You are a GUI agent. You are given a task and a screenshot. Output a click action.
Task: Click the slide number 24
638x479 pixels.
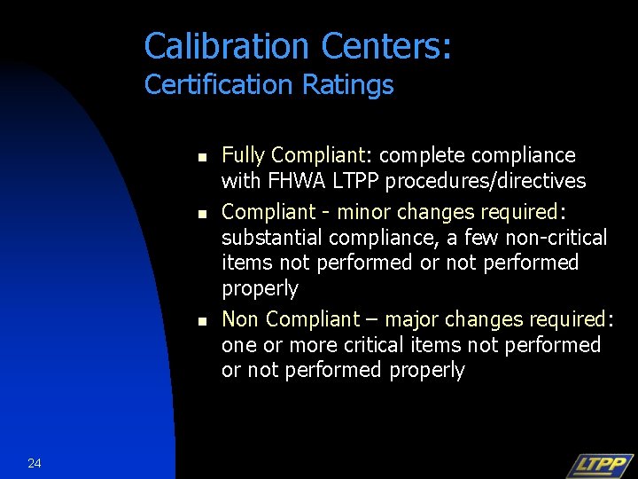[35, 463]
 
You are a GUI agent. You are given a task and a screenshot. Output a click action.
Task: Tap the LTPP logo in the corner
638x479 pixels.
[600, 465]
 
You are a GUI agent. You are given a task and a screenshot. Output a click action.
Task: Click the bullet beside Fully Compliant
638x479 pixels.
[201, 158]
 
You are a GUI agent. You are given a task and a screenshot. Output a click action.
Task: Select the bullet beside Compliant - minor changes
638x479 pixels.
[201, 214]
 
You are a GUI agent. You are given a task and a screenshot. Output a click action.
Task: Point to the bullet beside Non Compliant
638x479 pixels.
[201, 320]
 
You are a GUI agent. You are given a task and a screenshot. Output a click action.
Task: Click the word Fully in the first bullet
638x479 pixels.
[243, 155]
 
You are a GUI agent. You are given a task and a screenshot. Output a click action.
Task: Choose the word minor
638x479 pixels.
[364, 212]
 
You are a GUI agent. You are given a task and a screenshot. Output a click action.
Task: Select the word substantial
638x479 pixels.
[272, 238]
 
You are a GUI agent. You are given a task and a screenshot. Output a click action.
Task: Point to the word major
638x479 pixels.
[412, 318]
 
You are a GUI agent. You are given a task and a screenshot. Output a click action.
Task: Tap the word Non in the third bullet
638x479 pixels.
[240, 318]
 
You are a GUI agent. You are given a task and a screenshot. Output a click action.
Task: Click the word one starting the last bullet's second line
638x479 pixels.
[238, 345]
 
